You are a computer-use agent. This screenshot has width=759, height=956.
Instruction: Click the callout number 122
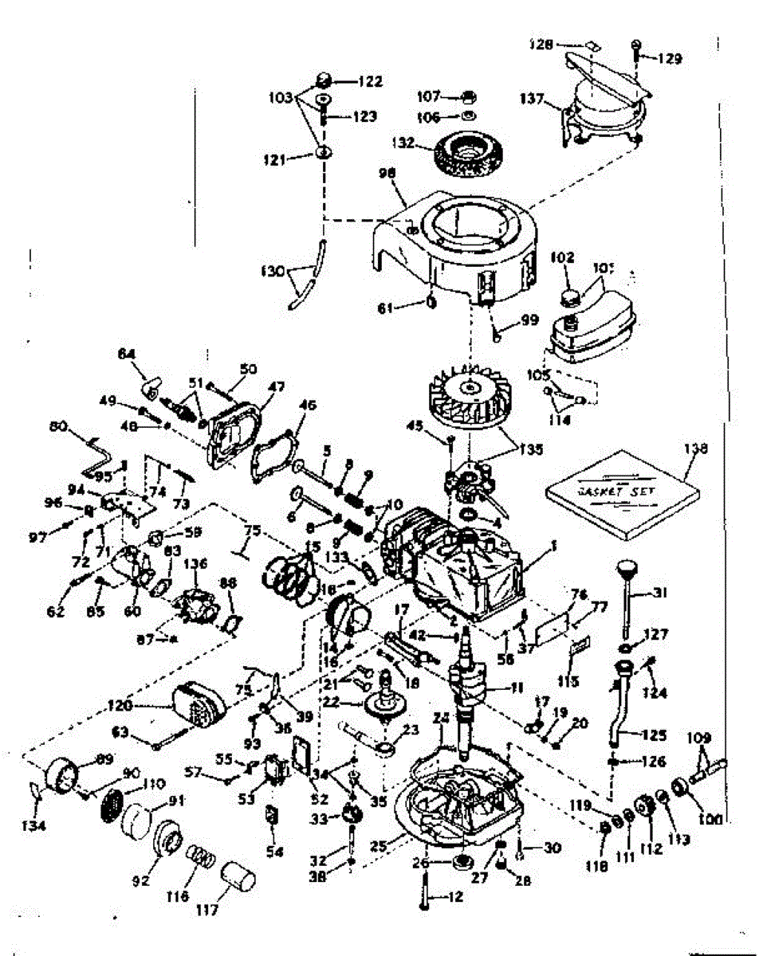click(x=371, y=80)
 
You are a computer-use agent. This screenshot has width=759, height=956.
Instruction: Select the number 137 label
click(x=532, y=100)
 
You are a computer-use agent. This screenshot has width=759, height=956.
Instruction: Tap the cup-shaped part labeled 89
click(x=65, y=777)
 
